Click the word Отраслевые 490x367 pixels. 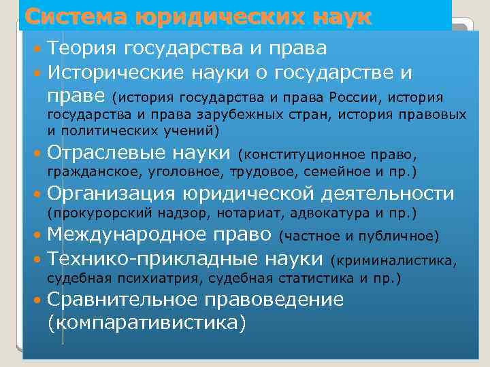click(105, 151)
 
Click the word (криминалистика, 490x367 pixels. click(393, 261)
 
